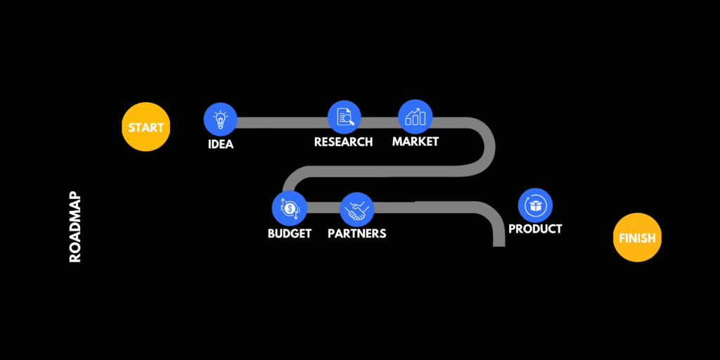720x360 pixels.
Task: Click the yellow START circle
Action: pyautogui.click(x=146, y=128)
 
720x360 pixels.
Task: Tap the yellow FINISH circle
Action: pyautogui.click(x=637, y=238)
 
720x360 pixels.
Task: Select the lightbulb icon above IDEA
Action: pyautogui.click(x=220, y=120)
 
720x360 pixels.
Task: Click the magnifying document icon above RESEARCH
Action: pyautogui.click(x=345, y=117)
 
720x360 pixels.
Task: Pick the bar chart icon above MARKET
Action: pyautogui.click(x=416, y=116)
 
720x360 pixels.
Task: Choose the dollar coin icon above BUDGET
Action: pyautogui.click(x=290, y=208)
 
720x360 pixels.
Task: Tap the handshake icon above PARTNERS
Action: pyautogui.click(x=357, y=209)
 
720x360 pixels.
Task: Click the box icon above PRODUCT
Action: pyautogui.click(x=535, y=205)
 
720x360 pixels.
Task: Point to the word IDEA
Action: pyautogui.click(x=220, y=145)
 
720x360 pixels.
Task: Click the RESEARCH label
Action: pyautogui.click(x=343, y=142)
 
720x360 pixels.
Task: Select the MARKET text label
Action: pyautogui.click(x=416, y=141)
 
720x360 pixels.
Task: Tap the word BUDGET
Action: pyautogui.click(x=290, y=233)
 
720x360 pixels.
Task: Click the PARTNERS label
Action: pyautogui.click(x=357, y=233)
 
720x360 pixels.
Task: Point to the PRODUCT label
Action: pyautogui.click(x=535, y=229)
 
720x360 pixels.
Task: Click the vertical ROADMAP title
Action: pyautogui.click(x=76, y=228)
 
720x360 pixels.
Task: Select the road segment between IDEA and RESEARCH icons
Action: pyautogui.click(x=281, y=122)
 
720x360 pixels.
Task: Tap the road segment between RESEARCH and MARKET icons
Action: pyautogui.click(x=380, y=122)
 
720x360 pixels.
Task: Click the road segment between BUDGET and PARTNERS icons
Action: pyautogui.click(x=323, y=207)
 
